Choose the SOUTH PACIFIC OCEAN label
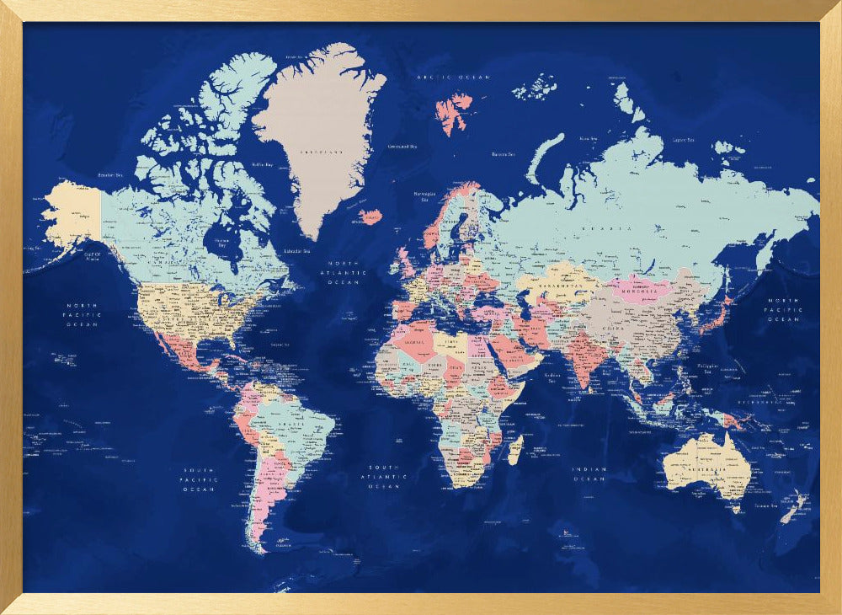tap(200, 479)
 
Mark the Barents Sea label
tap(504, 154)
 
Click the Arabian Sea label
tap(553, 376)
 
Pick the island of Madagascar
tap(514, 449)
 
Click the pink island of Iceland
tap(370, 217)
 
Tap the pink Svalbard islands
tap(454, 112)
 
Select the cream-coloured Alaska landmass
tap(72, 215)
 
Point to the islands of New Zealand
tap(794, 508)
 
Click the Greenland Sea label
tap(402, 146)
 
